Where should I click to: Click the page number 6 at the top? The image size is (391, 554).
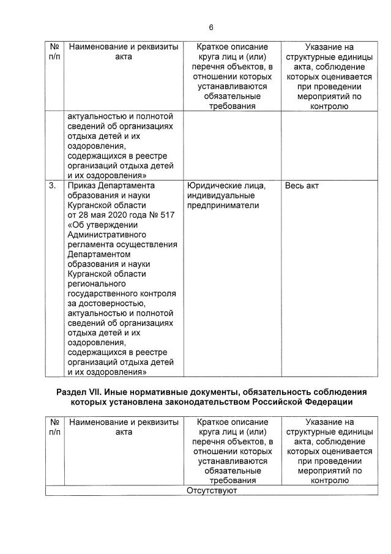pyautogui.click(x=211, y=28)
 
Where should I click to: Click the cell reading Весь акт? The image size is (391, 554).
pyautogui.click(x=302, y=185)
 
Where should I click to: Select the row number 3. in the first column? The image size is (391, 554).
pyautogui.click(x=52, y=185)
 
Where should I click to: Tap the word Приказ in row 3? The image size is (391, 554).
pyautogui.click(x=83, y=185)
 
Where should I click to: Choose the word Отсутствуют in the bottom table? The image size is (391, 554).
pyautogui.click(x=210, y=490)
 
